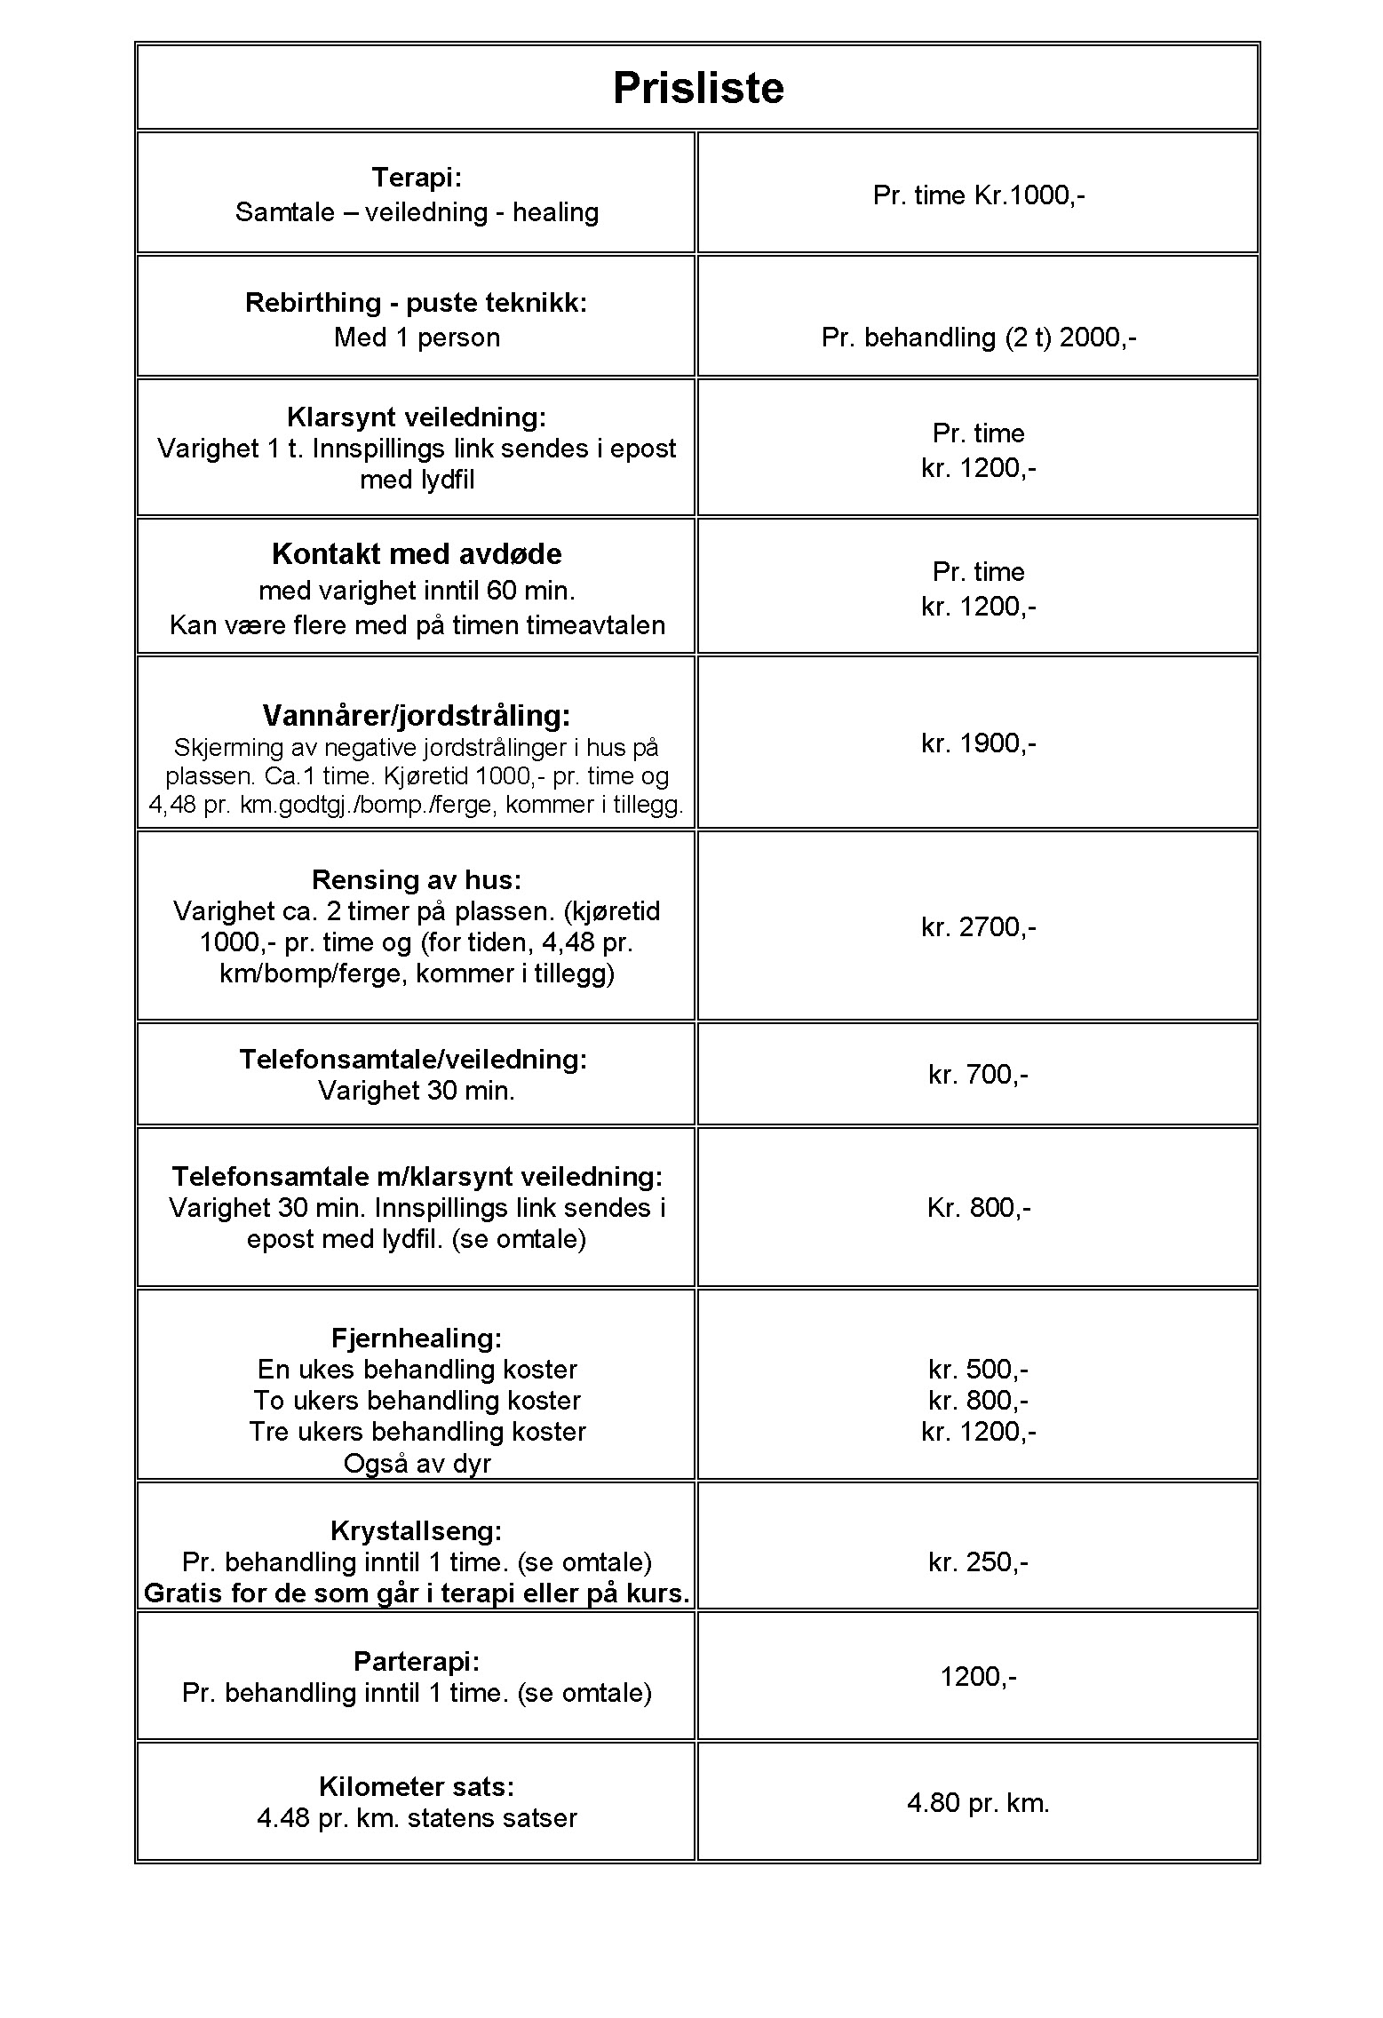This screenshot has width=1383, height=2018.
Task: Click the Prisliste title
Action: coord(698,89)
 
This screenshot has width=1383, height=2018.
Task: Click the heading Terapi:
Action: coord(417,178)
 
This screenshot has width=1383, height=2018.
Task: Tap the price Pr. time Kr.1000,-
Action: coord(979,195)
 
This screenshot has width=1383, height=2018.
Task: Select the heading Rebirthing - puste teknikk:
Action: coord(417,303)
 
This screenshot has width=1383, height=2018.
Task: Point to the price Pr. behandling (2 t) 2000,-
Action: coord(979,338)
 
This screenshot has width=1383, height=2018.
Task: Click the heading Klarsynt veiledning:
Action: coord(417,417)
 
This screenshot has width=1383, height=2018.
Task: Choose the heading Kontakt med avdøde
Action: coord(417,554)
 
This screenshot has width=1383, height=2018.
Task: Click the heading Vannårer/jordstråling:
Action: coord(417,715)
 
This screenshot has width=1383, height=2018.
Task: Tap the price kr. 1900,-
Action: coord(979,743)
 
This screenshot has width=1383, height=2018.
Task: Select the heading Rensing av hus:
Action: coord(417,880)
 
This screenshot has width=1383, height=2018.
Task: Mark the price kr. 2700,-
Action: coord(979,927)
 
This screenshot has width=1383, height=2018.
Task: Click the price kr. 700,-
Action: coord(979,1075)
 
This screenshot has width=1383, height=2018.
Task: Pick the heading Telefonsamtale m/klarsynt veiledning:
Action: coord(417,1177)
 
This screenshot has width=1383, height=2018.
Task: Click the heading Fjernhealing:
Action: coord(417,1338)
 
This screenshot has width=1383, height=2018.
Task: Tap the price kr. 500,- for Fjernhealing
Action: coord(979,1370)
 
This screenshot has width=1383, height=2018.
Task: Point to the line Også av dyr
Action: coord(417,1463)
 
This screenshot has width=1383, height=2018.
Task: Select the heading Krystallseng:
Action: coord(417,1530)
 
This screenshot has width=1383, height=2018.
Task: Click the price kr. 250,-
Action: coord(979,1562)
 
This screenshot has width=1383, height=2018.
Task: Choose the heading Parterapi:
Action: coord(417,1661)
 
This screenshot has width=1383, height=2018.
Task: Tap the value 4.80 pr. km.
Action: coord(979,1802)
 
